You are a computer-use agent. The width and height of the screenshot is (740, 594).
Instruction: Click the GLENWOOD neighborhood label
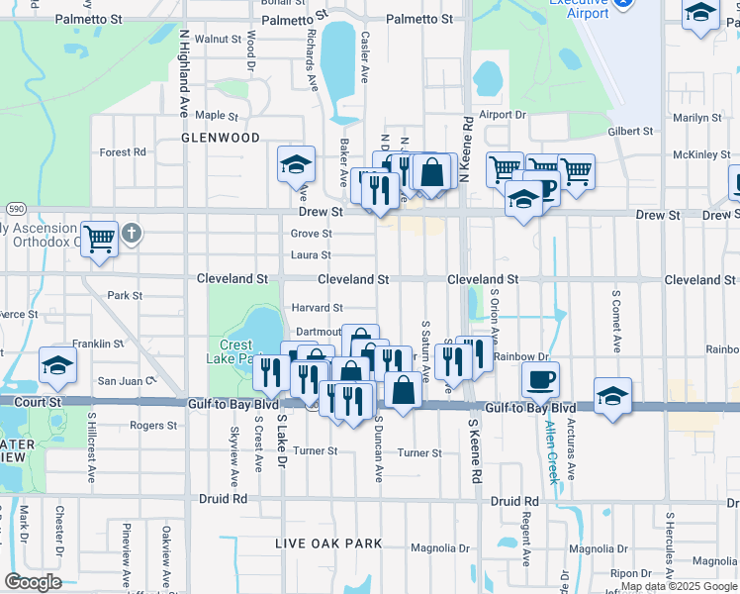221,138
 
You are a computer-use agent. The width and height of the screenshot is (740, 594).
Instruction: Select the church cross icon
132,235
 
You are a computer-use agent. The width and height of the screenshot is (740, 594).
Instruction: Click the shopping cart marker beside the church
100,238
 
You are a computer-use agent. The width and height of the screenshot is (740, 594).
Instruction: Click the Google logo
33,582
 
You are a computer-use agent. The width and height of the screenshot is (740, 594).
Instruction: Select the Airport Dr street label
503,115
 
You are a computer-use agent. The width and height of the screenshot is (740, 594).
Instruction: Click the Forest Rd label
123,152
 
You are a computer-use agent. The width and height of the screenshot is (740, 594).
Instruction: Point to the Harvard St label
317,308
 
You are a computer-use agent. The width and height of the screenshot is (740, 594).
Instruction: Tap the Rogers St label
152,426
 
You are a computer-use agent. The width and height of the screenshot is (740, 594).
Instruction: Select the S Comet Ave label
615,321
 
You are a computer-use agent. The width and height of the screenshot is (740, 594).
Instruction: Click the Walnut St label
218,39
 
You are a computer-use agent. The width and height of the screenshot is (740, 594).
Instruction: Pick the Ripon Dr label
629,573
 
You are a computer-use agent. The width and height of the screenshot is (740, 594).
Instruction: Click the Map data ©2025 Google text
678,586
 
